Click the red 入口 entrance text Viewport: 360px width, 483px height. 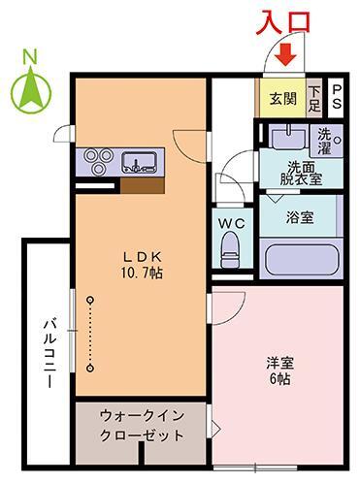(x=283, y=22)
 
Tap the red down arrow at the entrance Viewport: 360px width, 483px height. (x=285, y=54)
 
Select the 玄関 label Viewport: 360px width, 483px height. (x=283, y=98)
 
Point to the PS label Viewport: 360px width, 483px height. (x=337, y=96)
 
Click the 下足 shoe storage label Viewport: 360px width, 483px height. (x=314, y=99)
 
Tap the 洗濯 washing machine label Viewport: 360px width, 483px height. (x=324, y=141)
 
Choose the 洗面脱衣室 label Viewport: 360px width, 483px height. (x=301, y=174)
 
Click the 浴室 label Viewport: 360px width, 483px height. (x=300, y=217)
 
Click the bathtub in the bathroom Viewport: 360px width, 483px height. (x=301, y=259)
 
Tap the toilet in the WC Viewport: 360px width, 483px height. (x=231, y=249)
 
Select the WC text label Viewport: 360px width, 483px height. (x=232, y=223)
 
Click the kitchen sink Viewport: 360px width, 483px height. (x=140, y=162)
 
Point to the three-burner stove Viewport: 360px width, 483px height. (x=98, y=161)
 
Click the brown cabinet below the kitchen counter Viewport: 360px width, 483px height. (x=143, y=185)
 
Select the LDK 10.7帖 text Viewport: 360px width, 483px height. (x=142, y=265)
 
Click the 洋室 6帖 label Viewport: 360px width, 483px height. (x=280, y=370)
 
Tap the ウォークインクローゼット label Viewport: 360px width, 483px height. (x=142, y=425)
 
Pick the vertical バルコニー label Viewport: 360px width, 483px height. (x=50, y=353)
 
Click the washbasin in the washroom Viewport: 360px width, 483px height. (x=288, y=138)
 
